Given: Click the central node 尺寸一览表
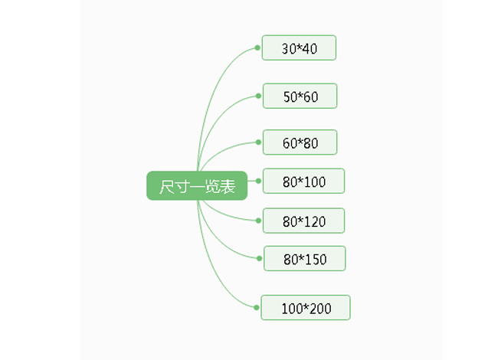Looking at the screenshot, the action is [197, 185].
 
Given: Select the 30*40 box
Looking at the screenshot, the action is [299, 47].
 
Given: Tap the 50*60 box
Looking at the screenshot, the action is [300, 96].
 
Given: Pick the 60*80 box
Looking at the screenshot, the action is [300, 142].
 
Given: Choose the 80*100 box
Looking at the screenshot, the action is [303, 181].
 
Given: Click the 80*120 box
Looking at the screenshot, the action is [303, 221].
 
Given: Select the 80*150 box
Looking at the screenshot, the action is [305, 258].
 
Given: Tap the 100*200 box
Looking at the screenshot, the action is [306, 308].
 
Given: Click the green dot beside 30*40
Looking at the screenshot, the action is [257, 47].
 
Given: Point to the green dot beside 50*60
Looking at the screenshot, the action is [258, 96].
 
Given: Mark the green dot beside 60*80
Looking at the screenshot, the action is [258, 142].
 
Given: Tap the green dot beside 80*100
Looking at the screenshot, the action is [258, 181].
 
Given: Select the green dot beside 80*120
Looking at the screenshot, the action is [258, 221].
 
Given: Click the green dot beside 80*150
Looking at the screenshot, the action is [259, 258].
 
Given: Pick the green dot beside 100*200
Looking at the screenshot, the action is [257, 307].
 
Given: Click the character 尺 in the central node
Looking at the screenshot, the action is [167, 186].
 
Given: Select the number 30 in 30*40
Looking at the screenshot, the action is [289, 49].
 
